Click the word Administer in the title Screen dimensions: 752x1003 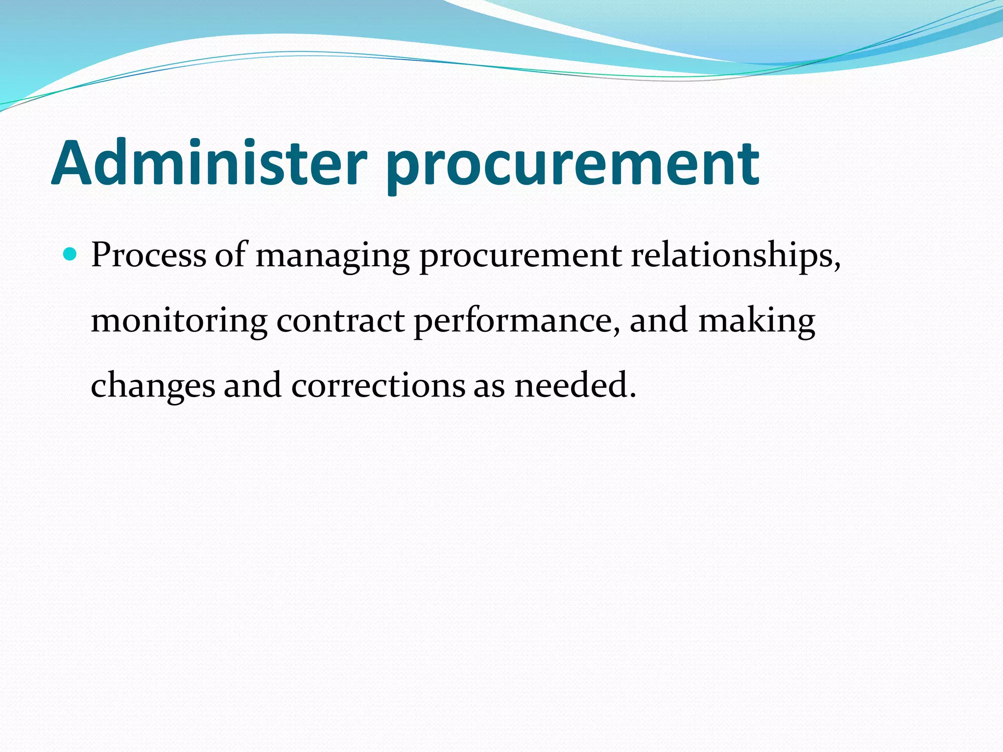click(x=209, y=163)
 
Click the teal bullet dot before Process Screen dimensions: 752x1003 click(x=71, y=254)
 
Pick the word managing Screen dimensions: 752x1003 click(x=333, y=257)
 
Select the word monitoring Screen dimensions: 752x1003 click(x=179, y=322)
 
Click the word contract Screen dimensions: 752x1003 click(x=340, y=321)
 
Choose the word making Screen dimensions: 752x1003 click(x=756, y=322)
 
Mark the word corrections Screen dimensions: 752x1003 click(x=378, y=386)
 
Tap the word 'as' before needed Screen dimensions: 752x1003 click(x=489, y=387)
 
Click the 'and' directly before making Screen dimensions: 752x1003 click(x=659, y=321)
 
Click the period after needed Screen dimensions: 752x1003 click(x=632, y=396)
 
